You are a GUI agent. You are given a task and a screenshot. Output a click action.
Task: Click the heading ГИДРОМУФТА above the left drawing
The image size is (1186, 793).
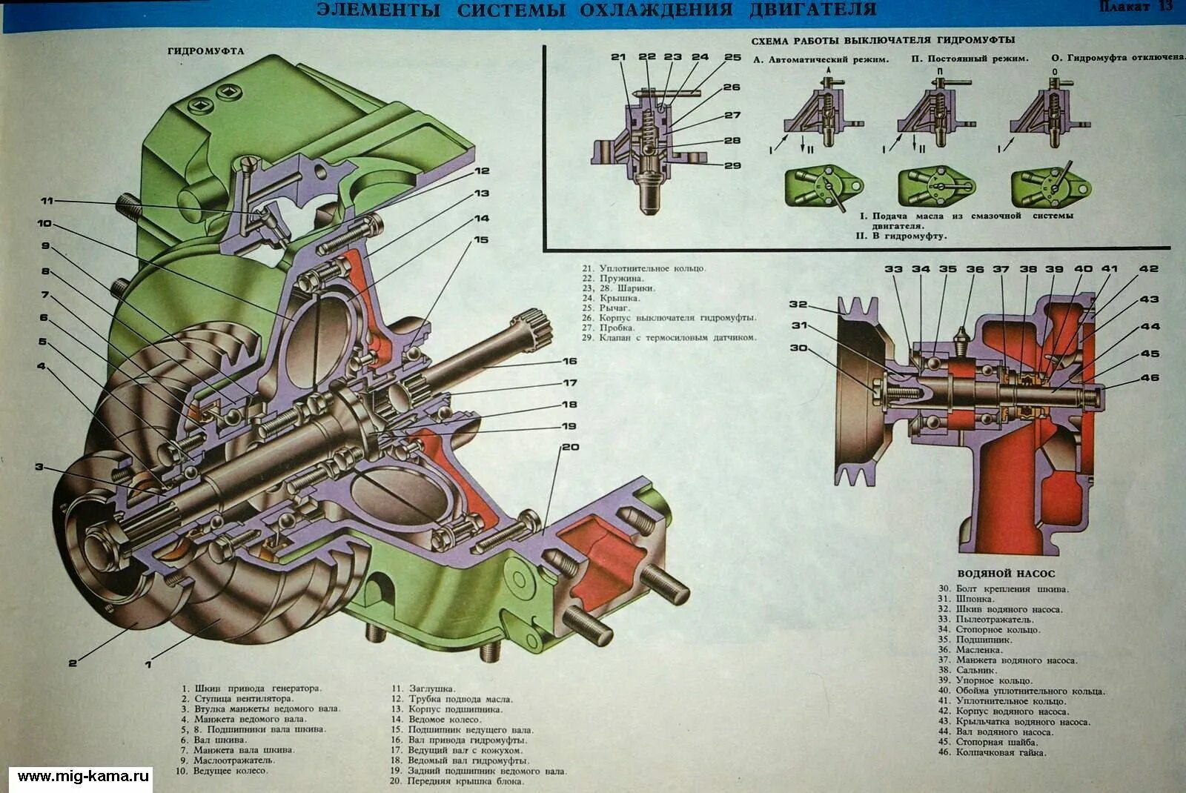tap(205, 51)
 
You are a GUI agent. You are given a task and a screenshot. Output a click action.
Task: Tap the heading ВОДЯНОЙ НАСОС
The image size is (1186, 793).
tap(1005, 573)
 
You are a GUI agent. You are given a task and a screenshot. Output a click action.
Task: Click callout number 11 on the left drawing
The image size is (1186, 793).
tap(47, 201)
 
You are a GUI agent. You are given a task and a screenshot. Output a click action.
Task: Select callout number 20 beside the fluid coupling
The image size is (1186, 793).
tap(569, 447)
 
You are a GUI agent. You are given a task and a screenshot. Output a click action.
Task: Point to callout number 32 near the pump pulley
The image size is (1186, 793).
tap(798, 305)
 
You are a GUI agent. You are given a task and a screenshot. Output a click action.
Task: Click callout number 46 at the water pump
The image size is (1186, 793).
tap(1150, 378)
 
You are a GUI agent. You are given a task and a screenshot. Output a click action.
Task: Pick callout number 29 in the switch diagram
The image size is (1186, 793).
tap(732, 165)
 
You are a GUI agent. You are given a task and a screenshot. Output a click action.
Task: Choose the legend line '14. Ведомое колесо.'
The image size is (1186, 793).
tap(436, 720)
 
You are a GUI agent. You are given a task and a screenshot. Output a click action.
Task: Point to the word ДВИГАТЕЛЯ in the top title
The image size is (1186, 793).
tap(812, 10)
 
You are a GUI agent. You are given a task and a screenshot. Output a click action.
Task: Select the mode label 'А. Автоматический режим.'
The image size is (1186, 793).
tap(821, 59)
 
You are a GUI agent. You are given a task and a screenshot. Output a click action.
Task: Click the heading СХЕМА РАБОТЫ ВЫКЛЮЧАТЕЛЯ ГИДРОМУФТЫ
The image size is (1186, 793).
tap(883, 40)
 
